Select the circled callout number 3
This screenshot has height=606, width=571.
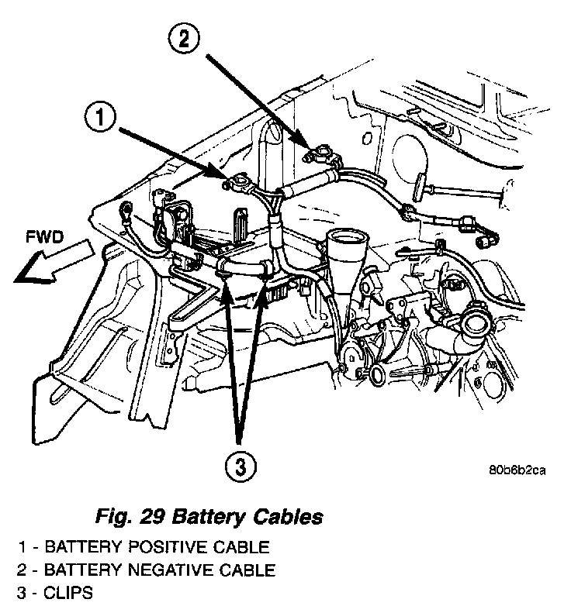(241, 467)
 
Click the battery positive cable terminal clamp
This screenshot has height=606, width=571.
(236, 184)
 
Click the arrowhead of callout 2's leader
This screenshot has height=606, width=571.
(311, 146)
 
